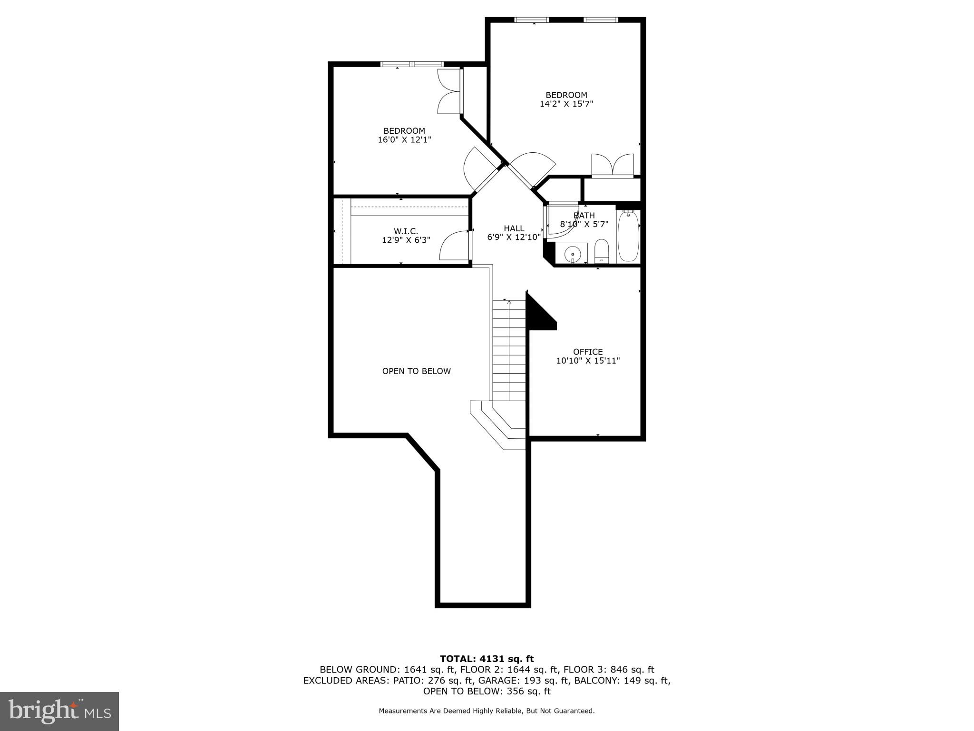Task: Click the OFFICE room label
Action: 588,352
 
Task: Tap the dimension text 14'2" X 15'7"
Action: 566,104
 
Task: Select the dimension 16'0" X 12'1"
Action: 404,140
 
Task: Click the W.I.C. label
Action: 406,231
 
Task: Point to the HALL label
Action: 514,228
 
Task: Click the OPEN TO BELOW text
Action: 416,371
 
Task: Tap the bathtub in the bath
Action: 628,236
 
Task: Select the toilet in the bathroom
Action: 602,251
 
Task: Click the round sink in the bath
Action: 573,254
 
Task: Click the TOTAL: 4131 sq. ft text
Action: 487,659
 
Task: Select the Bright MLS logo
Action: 59,711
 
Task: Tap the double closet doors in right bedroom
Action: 613,166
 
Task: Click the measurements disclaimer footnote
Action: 487,711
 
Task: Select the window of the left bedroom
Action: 412,64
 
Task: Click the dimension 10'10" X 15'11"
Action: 588,361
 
